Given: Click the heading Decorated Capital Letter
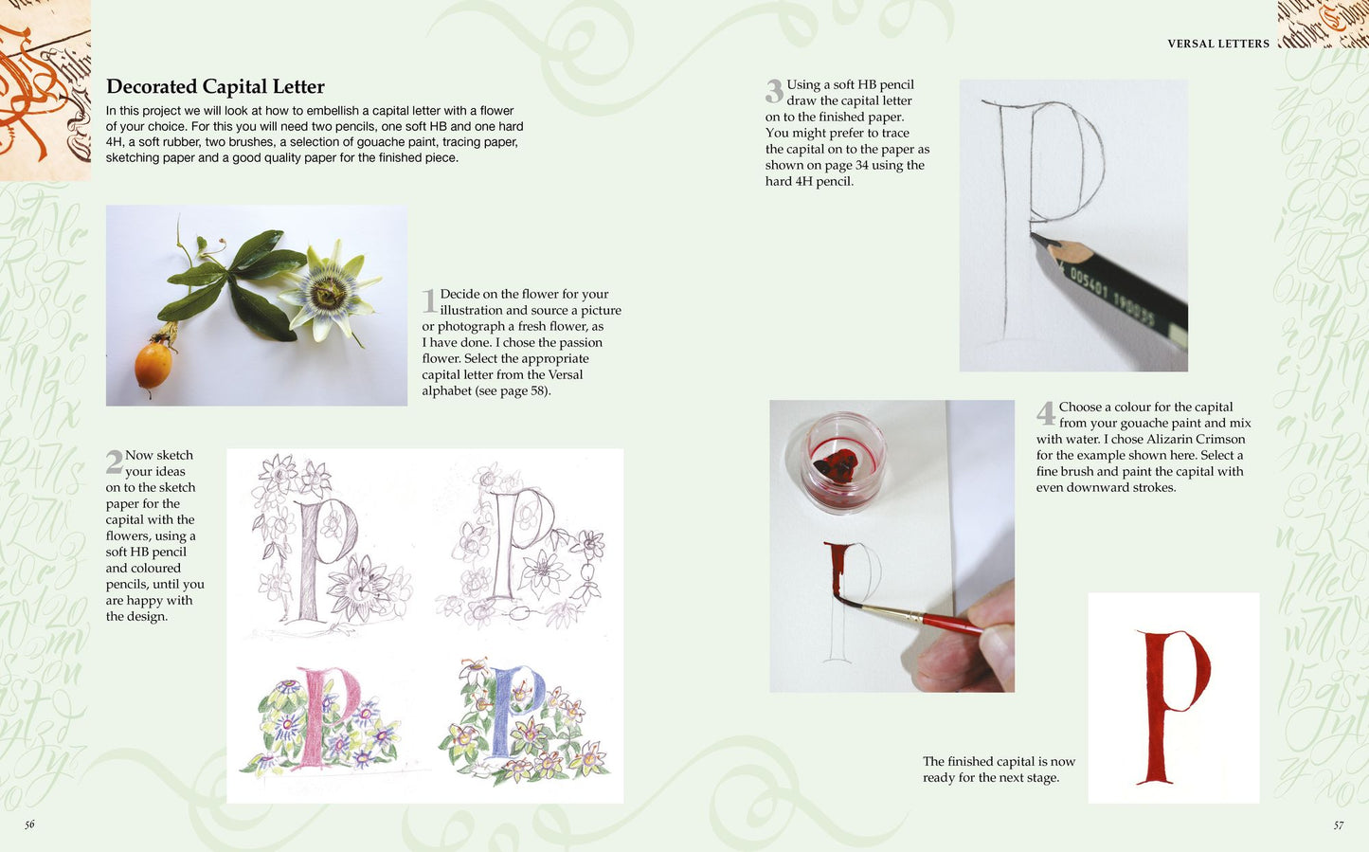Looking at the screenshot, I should (x=215, y=87).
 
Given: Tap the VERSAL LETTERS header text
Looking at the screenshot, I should (x=1217, y=44).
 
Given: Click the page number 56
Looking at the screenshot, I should (x=29, y=825).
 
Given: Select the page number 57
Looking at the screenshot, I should (x=1338, y=825).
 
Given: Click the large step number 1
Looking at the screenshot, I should (x=429, y=301).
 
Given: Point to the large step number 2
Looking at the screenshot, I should (x=114, y=462).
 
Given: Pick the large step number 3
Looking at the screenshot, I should (x=774, y=92).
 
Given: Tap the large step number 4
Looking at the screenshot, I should (x=1045, y=413).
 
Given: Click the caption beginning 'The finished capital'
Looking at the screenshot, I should (x=999, y=770).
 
